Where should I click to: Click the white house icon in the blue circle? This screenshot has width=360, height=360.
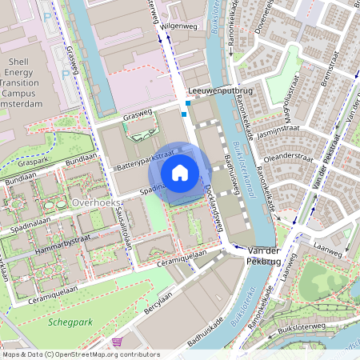point(180,172)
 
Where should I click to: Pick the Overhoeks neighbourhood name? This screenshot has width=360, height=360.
point(94,203)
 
